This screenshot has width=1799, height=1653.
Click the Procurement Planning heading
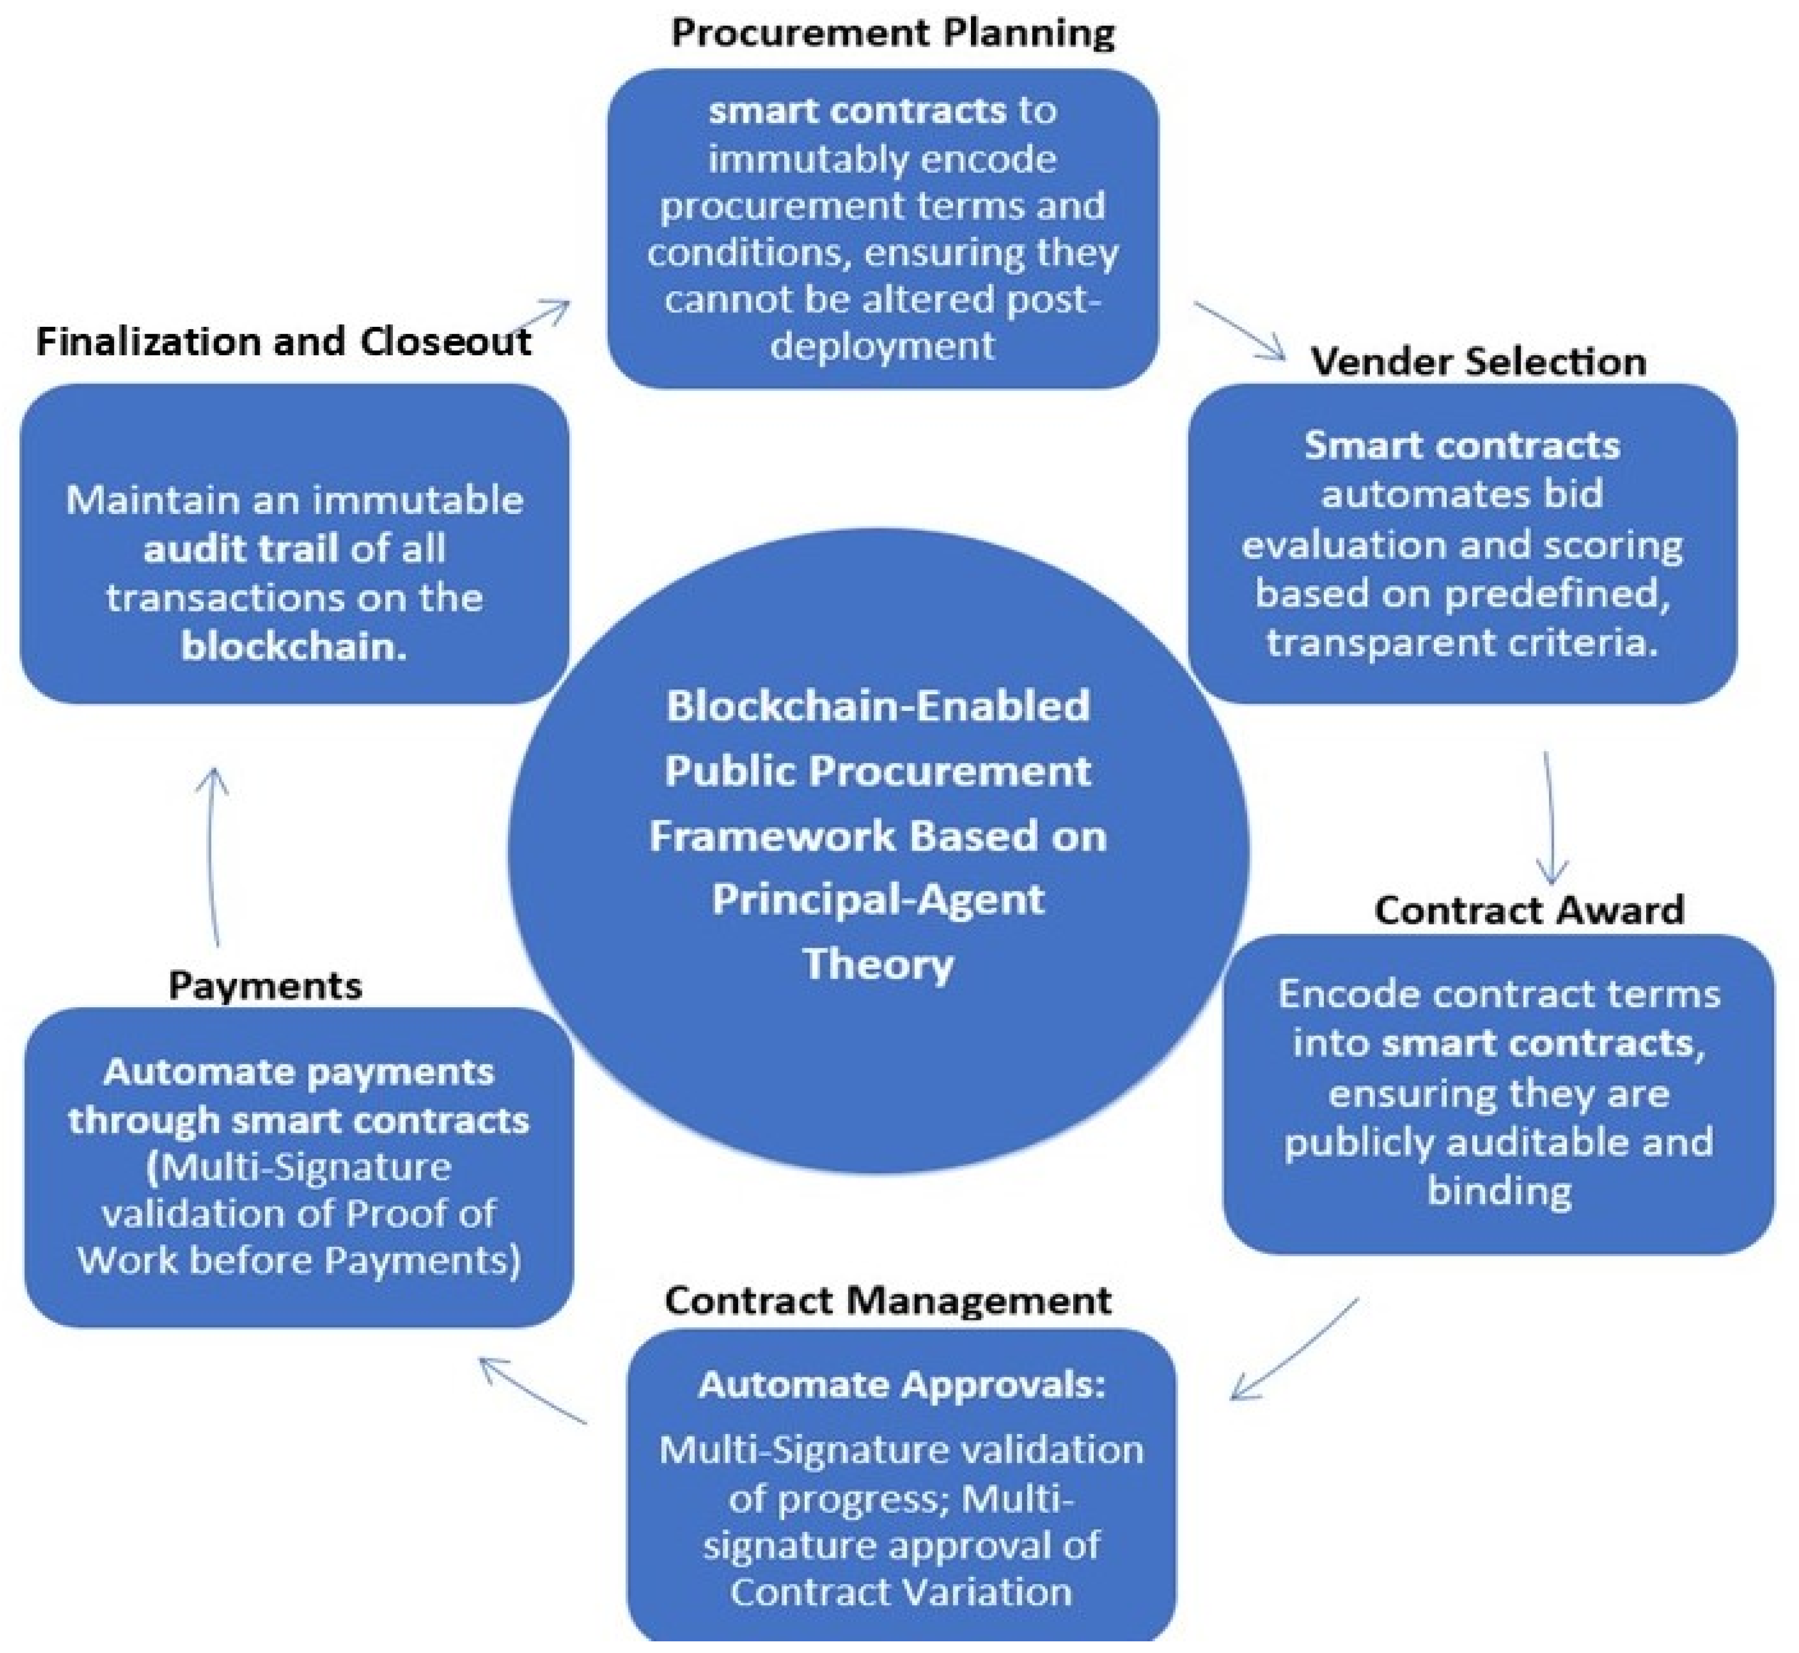(892, 33)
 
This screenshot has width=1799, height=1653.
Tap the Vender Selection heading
(1478, 361)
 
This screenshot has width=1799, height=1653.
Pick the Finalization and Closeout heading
(283, 342)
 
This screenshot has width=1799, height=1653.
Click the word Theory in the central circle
(879, 964)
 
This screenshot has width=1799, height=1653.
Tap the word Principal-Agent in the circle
(879, 899)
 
